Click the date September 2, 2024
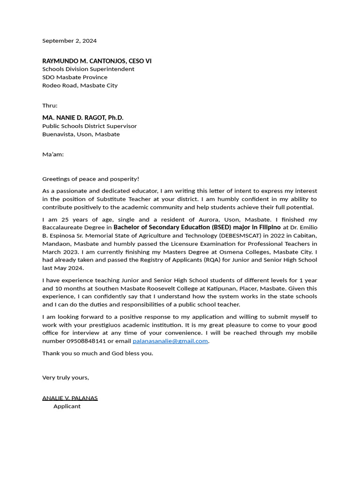(69, 41)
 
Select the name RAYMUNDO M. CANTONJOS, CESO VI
(97, 61)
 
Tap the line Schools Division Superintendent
(88, 69)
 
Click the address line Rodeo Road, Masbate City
(80, 85)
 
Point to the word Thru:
(50, 105)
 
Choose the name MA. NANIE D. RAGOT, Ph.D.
(82, 118)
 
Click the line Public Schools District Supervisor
(90, 126)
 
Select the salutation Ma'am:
(53, 154)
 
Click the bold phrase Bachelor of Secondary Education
(162, 227)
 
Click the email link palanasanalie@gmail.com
(170, 341)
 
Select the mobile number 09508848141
(86, 341)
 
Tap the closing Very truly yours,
(66, 377)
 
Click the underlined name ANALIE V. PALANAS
(70, 398)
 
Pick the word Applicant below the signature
(67, 406)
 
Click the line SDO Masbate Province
(75, 77)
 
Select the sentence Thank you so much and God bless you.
(97, 353)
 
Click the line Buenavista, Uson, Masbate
(81, 134)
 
